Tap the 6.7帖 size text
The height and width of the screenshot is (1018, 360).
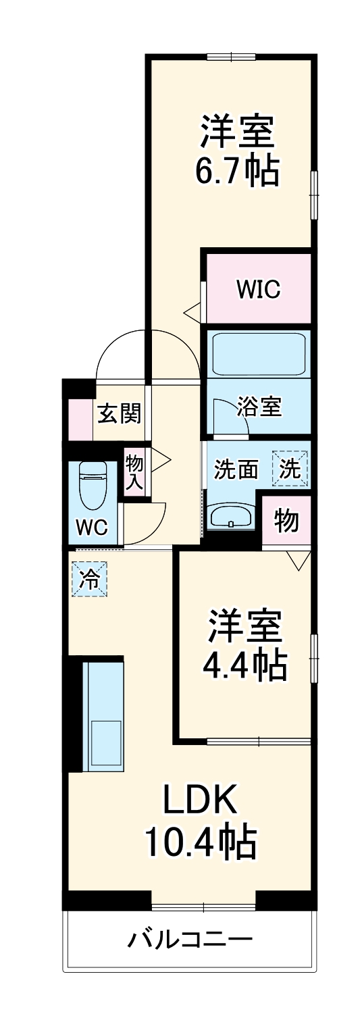tap(236, 173)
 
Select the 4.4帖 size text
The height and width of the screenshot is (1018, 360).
tap(245, 666)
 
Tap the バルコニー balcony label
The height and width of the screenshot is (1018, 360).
tap(190, 940)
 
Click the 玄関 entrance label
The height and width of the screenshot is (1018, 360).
tap(119, 413)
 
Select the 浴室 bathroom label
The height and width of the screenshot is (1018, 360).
tap(259, 407)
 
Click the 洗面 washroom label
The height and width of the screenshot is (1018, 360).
tap(236, 469)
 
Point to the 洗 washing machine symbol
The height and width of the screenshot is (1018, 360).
tap(290, 469)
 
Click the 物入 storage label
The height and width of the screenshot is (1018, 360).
tap(134, 472)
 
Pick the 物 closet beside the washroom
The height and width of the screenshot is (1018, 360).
tap(286, 520)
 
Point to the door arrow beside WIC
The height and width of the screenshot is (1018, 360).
tap(192, 312)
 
